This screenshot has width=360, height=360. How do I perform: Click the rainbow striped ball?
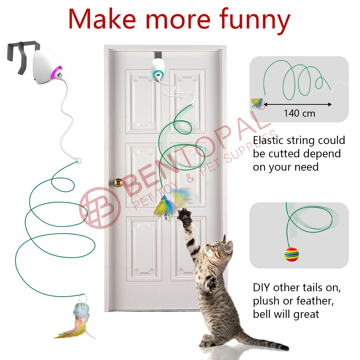292,254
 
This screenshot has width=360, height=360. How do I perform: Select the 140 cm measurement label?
299,113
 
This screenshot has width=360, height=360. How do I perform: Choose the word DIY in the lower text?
261,288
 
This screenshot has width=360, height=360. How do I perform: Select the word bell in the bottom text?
262,314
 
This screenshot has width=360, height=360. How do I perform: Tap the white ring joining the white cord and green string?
78,159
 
